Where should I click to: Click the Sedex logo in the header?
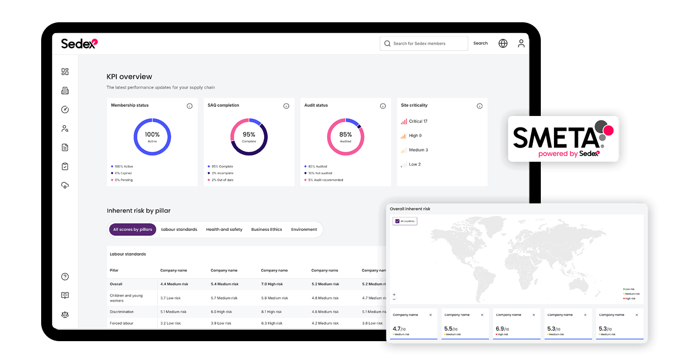click(79, 43)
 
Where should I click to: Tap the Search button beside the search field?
click(480, 43)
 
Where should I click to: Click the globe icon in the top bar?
click(503, 43)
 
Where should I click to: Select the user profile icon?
click(521, 43)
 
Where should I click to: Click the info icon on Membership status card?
click(190, 106)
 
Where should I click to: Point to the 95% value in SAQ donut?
click(249, 135)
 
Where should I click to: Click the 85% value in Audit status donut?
click(345, 135)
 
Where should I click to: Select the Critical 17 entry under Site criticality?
click(417, 121)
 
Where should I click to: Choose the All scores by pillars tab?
click(133, 230)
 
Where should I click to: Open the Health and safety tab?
click(224, 230)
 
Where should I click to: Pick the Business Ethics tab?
click(266, 230)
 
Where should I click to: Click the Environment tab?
click(304, 230)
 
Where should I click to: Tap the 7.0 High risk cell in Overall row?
click(272, 284)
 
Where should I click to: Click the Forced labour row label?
click(122, 323)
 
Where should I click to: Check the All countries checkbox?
click(397, 221)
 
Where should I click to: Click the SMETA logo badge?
click(563, 138)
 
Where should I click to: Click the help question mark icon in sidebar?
click(65, 277)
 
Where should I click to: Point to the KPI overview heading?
click(129, 77)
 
